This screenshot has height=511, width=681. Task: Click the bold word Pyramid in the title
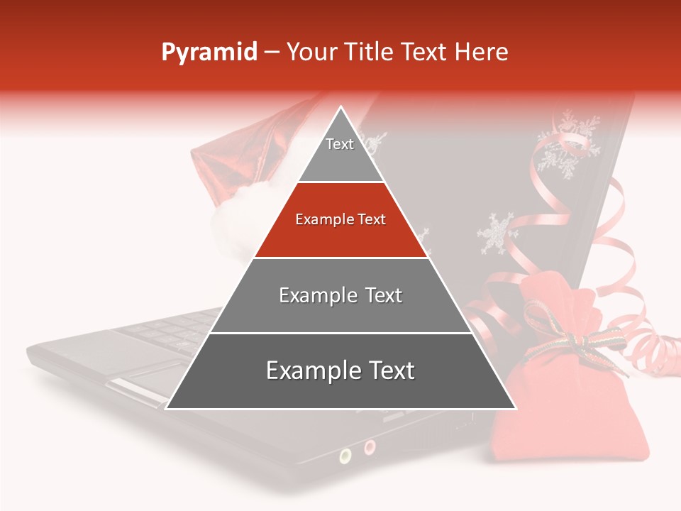(x=209, y=53)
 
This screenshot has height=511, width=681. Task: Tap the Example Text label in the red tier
(x=340, y=220)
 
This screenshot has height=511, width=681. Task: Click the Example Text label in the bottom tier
(x=340, y=370)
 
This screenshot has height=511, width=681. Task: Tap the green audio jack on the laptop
(x=345, y=455)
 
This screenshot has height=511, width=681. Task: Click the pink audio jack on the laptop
(x=370, y=447)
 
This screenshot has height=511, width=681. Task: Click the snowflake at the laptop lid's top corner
(x=567, y=138)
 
